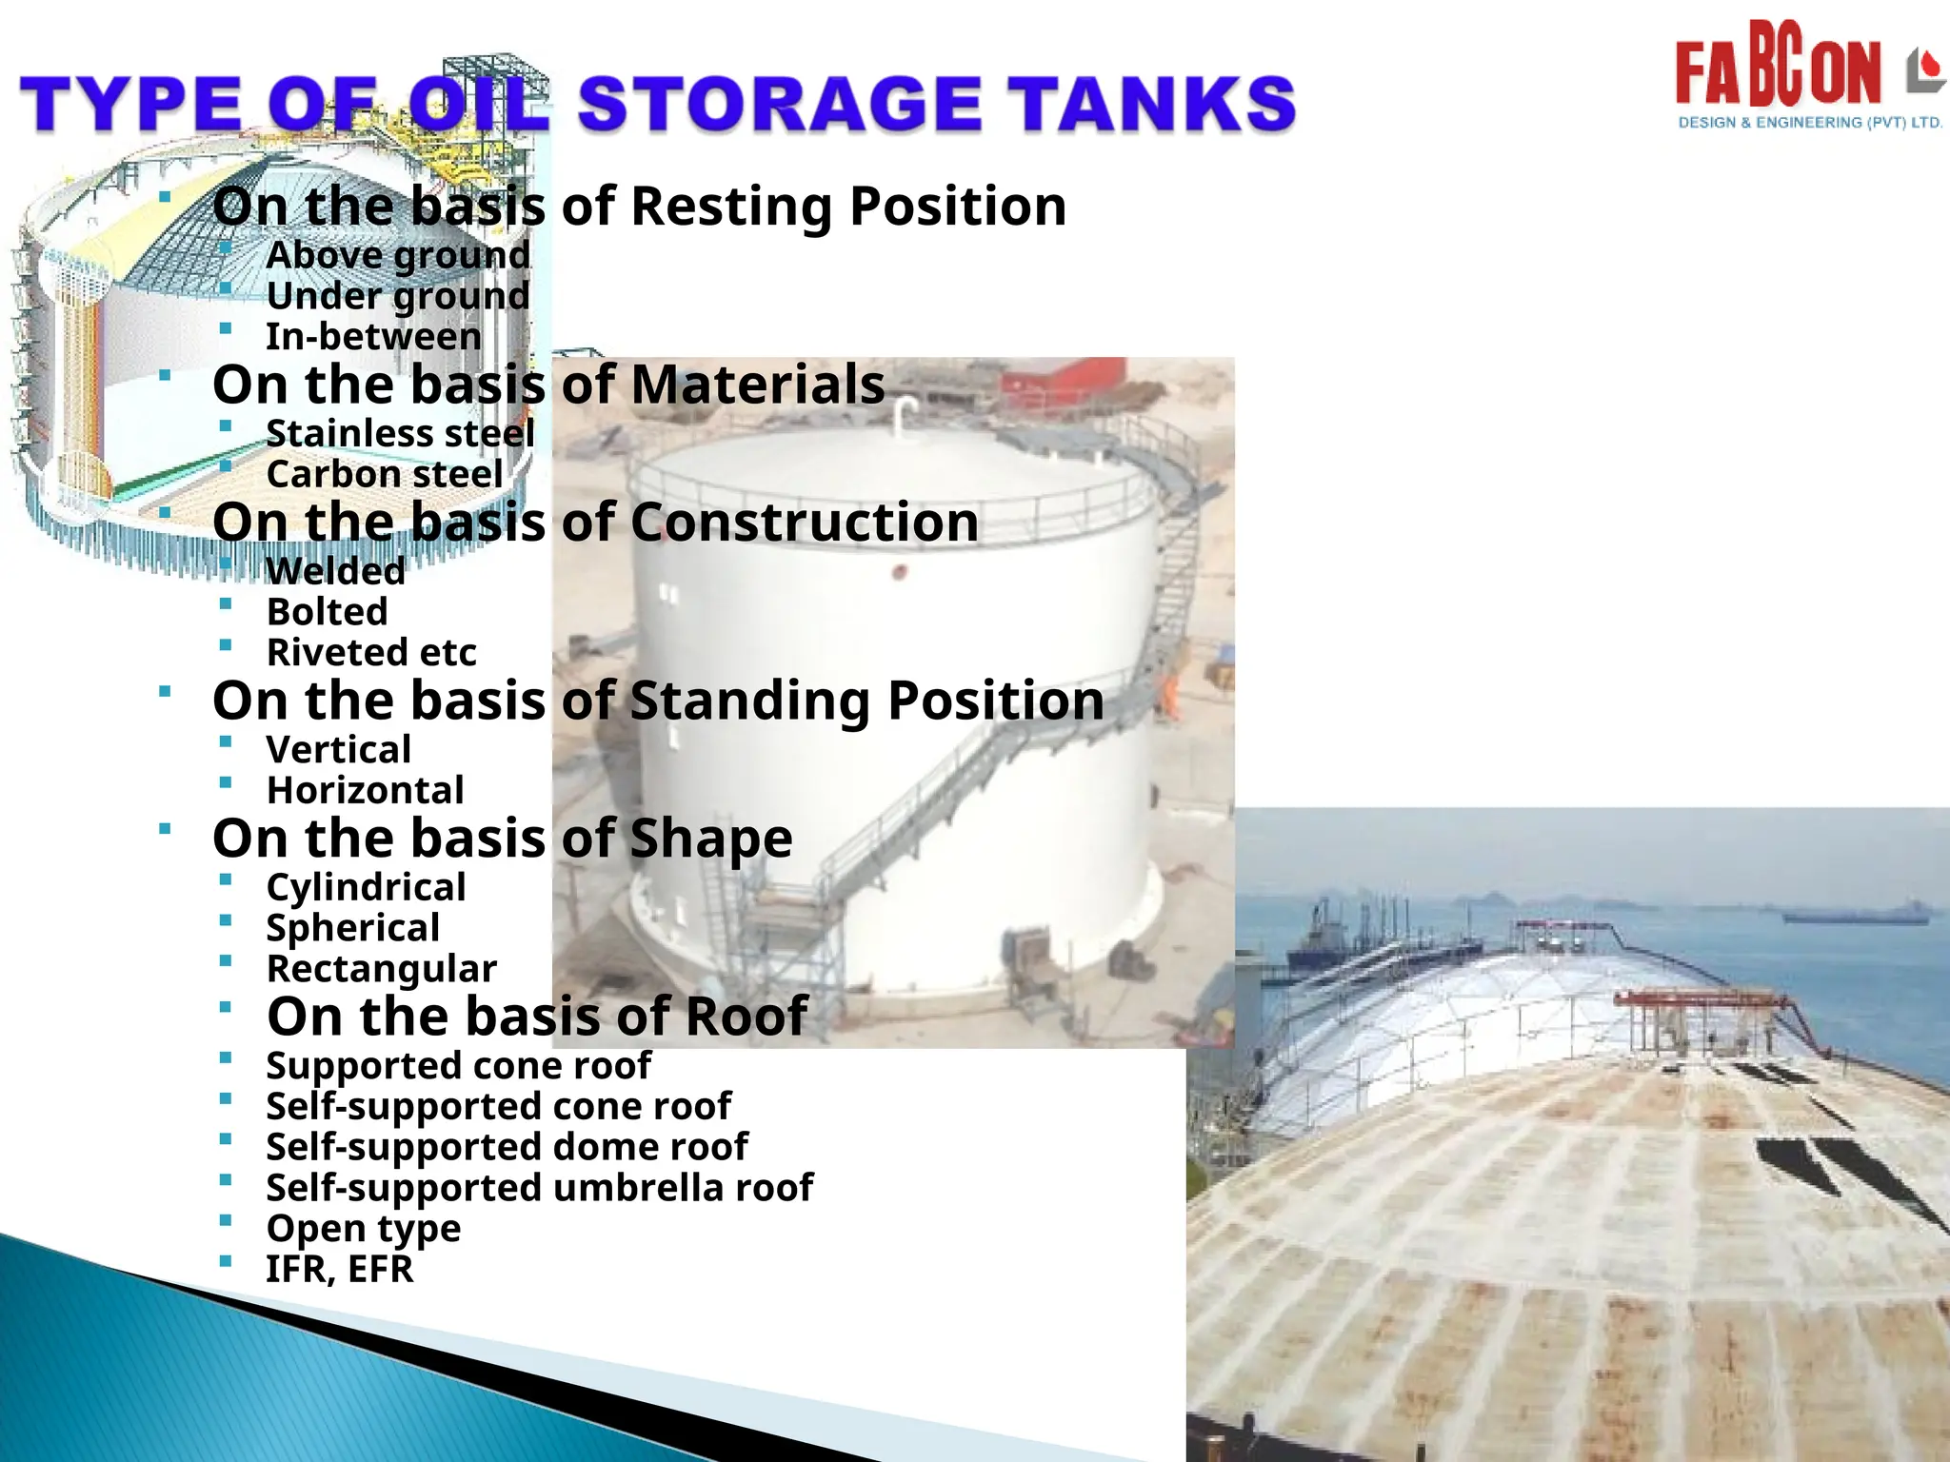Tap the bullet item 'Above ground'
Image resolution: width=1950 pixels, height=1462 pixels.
click(398, 255)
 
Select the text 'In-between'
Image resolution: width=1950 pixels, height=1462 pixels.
click(373, 337)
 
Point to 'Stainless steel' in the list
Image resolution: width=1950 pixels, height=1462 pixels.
click(400, 434)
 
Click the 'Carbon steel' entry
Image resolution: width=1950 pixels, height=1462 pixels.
click(385, 474)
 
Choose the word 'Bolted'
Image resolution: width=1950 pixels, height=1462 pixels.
click(328, 612)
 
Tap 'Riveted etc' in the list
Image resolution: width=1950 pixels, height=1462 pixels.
click(371, 653)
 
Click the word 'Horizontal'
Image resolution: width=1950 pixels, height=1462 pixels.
click(366, 791)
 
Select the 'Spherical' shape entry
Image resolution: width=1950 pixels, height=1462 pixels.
click(353, 928)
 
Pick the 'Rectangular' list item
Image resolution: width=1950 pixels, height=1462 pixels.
click(382, 969)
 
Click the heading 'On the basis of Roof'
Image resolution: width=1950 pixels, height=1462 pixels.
click(537, 1017)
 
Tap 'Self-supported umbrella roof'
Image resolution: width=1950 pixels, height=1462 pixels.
click(539, 1188)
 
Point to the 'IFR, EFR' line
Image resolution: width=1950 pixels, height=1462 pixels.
click(340, 1270)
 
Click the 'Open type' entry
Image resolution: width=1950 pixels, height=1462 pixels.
click(364, 1229)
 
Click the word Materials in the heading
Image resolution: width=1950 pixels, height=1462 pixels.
click(758, 385)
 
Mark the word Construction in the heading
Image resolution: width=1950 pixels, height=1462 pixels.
click(805, 523)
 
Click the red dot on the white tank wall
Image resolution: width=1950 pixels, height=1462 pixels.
click(899, 572)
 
